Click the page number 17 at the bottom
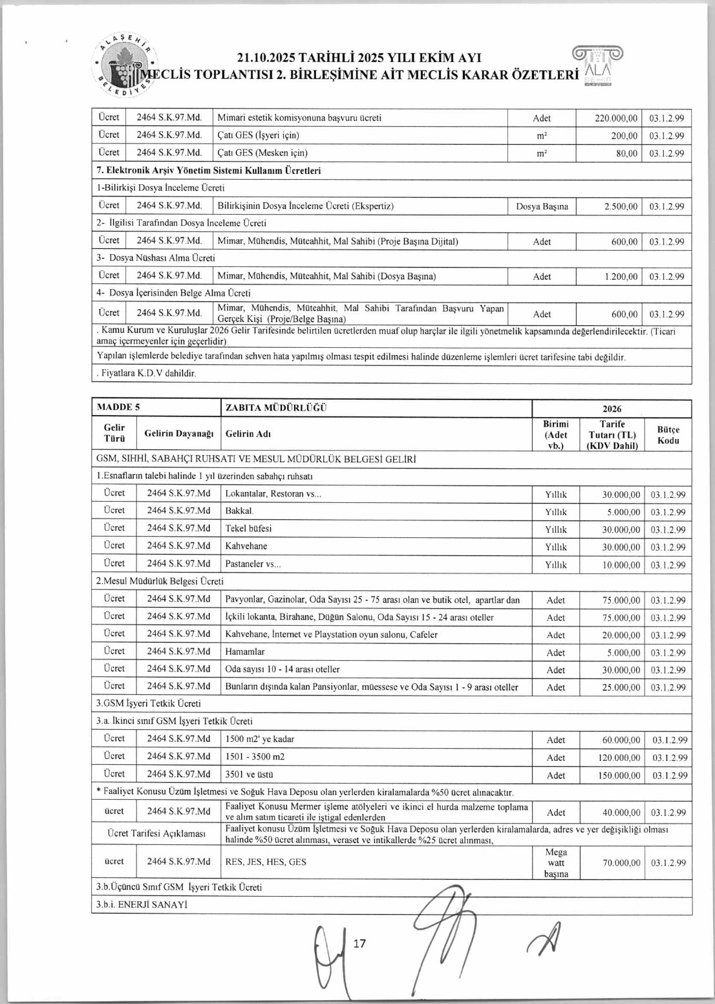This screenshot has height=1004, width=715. [359, 943]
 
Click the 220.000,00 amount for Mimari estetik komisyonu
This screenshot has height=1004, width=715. [616, 118]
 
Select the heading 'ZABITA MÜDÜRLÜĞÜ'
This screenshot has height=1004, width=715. [276, 407]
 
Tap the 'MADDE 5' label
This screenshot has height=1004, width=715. [118, 407]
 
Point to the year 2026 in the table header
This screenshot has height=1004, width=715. [612, 409]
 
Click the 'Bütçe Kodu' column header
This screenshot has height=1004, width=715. [668, 434]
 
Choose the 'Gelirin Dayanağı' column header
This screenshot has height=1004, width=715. [178, 433]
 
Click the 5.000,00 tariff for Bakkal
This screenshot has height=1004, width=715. [623, 512]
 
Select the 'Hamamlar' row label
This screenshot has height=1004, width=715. [245, 652]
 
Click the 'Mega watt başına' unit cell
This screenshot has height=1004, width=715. [556, 862]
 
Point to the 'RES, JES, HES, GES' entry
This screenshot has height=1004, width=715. [266, 862]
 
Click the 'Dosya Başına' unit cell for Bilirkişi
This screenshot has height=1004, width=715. [542, 207]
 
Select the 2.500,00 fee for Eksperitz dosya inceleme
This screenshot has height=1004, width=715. [621, 207]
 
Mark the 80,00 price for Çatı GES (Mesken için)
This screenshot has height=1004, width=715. [625, 153]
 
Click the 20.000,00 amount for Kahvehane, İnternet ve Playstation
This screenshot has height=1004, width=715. [621, 635]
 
